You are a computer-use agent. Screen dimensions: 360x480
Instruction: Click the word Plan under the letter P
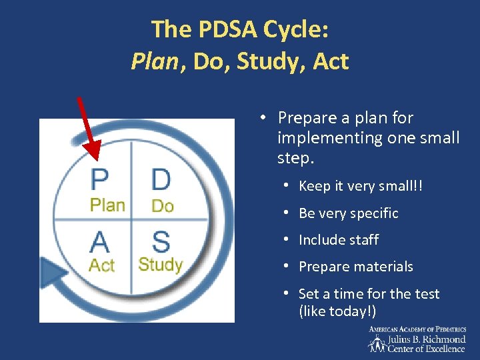(107, 205)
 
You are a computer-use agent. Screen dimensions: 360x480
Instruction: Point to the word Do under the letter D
(162, 206)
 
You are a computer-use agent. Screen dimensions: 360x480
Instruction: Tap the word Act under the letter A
(102, 265)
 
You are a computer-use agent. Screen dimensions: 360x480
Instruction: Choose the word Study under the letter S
(160, 265)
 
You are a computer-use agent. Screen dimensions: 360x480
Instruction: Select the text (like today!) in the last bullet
(338, 311)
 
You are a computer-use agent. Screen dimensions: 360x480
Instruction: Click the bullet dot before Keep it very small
(285, 186)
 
